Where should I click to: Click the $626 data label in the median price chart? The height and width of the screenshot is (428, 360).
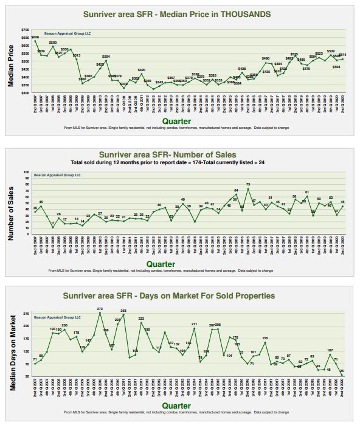click(x=35, y=38)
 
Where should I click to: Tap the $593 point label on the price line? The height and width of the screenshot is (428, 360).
click(x=53, y=43)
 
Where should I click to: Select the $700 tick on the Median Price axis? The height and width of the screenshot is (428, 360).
click(x=25, y=30)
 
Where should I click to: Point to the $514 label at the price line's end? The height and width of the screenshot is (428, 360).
click(x=342, y=55)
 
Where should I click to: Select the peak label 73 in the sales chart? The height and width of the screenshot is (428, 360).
click(x=248, y=184)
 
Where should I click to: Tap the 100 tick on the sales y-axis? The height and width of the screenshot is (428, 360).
click(x=26, y=172)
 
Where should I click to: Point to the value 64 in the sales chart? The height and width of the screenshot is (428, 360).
click(x=236, y=190)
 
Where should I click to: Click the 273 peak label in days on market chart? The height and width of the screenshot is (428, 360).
click(x=100, y=309)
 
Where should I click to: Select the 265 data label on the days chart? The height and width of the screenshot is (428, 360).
click(x=123, y=311)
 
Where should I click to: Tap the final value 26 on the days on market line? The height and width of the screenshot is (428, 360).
click(x=342, y=371)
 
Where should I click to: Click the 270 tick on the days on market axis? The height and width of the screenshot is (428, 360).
click(x=26, y=314)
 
